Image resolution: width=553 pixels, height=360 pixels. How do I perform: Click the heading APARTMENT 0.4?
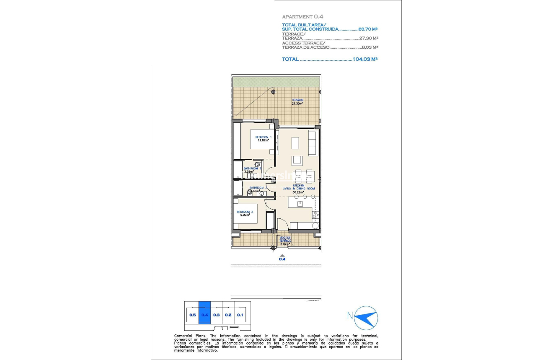[302, 17]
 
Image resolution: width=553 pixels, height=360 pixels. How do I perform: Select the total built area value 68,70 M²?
[369, 29]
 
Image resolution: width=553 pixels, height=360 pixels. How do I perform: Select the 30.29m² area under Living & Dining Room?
[298, 192]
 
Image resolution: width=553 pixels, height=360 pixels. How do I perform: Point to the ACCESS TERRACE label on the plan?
[285, 239]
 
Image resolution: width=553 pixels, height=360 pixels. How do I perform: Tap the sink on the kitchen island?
[300, 204]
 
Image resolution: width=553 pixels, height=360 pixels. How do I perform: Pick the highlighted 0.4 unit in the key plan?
[204, 314]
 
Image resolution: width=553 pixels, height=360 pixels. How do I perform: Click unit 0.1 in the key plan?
[240, 314]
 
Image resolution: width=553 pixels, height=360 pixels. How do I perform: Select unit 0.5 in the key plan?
[192, 314]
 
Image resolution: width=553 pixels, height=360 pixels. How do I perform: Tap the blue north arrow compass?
[366, 318]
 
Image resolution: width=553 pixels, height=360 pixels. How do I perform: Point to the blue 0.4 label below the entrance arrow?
[282, 259]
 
